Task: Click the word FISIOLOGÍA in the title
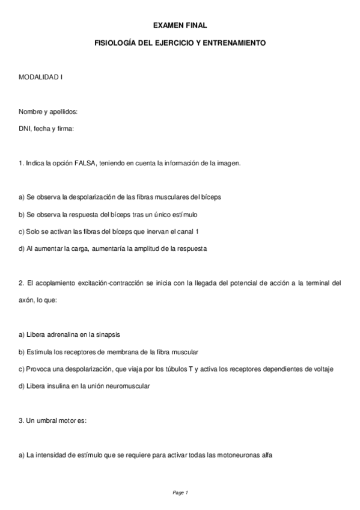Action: [117, 44]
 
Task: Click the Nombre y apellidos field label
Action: [47, 112]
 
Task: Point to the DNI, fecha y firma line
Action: [46, 129]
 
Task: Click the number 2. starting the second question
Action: [21, 283]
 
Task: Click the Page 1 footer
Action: [180, 493]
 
